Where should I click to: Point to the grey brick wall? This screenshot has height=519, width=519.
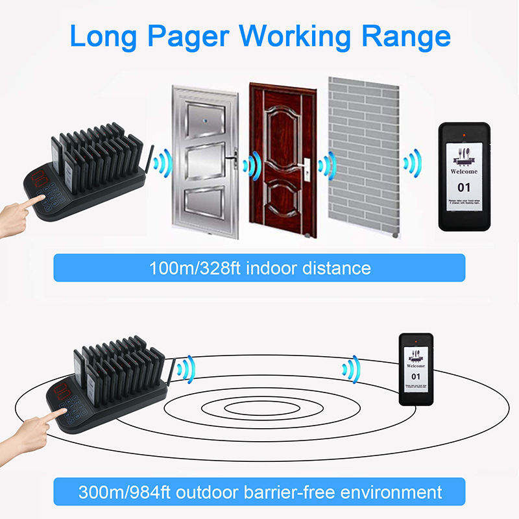tap(363, 156)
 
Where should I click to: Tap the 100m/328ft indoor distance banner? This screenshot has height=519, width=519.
tap(259, 268)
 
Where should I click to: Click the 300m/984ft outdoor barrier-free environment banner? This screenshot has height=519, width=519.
tap(259, 491)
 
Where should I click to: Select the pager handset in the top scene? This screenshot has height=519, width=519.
tap(465, 176)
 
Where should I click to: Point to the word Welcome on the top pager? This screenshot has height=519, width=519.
tap(463, 171)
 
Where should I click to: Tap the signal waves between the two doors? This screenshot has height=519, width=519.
tap(250, 165)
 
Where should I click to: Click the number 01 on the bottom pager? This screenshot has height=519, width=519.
tap(416, 376)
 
